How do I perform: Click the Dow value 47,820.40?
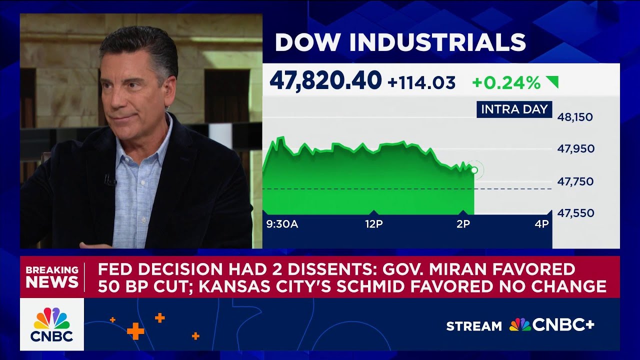325,81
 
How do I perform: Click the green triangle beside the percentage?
552,82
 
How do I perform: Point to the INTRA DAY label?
514,109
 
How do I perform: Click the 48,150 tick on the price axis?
575,117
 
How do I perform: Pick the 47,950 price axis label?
575,149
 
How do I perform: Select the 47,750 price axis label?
575,181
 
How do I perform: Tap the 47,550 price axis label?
575,213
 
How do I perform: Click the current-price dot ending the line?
474,170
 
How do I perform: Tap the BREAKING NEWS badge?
52,276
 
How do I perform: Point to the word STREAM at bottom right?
473,326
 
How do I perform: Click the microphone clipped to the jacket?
109,179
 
